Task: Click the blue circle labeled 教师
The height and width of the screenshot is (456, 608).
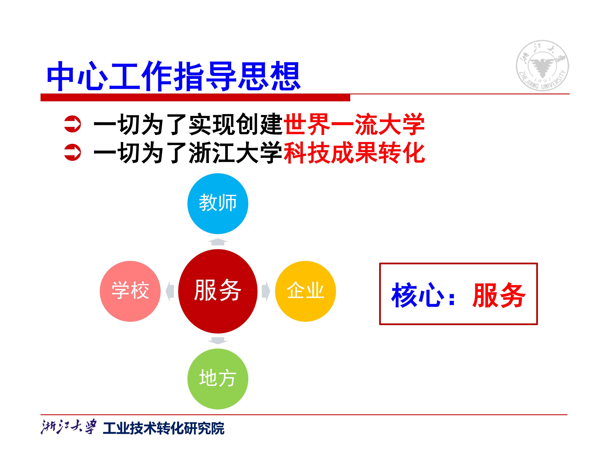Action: [x=218, y=204]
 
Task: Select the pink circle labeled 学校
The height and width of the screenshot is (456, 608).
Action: [x=130, y=291]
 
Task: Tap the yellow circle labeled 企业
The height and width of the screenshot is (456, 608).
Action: [x=305, y=291]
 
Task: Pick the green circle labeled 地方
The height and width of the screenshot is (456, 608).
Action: [x=218, y=379]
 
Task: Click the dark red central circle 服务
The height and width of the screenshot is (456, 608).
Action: [x=218, y=291]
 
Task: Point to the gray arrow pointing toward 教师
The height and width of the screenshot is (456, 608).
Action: [x=218, y=242]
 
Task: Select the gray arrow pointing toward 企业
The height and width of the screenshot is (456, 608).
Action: [x=266, y=291]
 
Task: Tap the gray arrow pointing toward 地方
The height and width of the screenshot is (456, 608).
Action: [x=218, y=341]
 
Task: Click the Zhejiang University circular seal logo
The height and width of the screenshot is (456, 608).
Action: [x=543, y=65]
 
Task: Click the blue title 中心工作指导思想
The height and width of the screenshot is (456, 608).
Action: [x=174, y=76]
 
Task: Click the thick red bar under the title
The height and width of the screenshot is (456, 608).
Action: [x=195, y=98]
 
